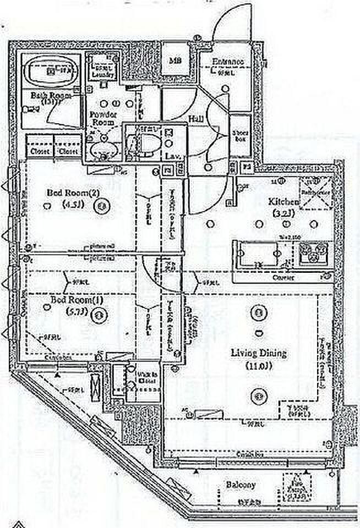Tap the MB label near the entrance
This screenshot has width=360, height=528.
point(175,61)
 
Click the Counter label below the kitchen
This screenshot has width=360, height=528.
point(283,278)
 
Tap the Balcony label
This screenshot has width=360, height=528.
point(241,485)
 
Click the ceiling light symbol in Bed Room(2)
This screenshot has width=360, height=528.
point(102,207)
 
